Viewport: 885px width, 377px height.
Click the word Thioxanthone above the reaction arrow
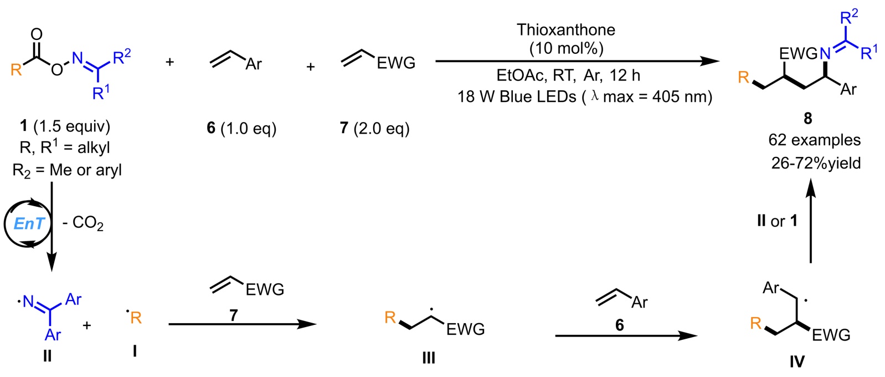[x=565, y=29]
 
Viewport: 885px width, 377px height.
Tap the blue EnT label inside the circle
[x=29, y=223]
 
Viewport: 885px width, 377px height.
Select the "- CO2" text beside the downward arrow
[x=83, y=223]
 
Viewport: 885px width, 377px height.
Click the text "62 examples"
[x=814, y=140]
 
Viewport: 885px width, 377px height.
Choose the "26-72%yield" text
[x=816, y=163]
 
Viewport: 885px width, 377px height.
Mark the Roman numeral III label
[x=429, y=358]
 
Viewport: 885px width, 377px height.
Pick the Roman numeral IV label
[x=796, y=361]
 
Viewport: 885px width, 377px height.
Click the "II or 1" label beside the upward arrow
[x=777, y=221]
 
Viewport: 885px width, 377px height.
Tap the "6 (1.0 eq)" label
[x=241, y=129]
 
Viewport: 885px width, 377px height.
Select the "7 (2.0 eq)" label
[x=374, y=129]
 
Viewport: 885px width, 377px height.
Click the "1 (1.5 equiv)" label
[x=65, y=126]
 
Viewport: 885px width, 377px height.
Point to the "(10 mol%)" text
[x=566, y=48]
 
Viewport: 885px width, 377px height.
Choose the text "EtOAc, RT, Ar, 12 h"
[x=568, y=75]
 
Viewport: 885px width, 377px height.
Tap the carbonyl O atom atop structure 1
[x=37, y=34]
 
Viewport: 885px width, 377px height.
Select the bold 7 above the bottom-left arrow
[x=234, y=315]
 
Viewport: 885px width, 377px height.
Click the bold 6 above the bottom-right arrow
[x=619, y=325]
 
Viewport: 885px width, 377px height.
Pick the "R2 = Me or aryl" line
[x=67, y=170]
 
